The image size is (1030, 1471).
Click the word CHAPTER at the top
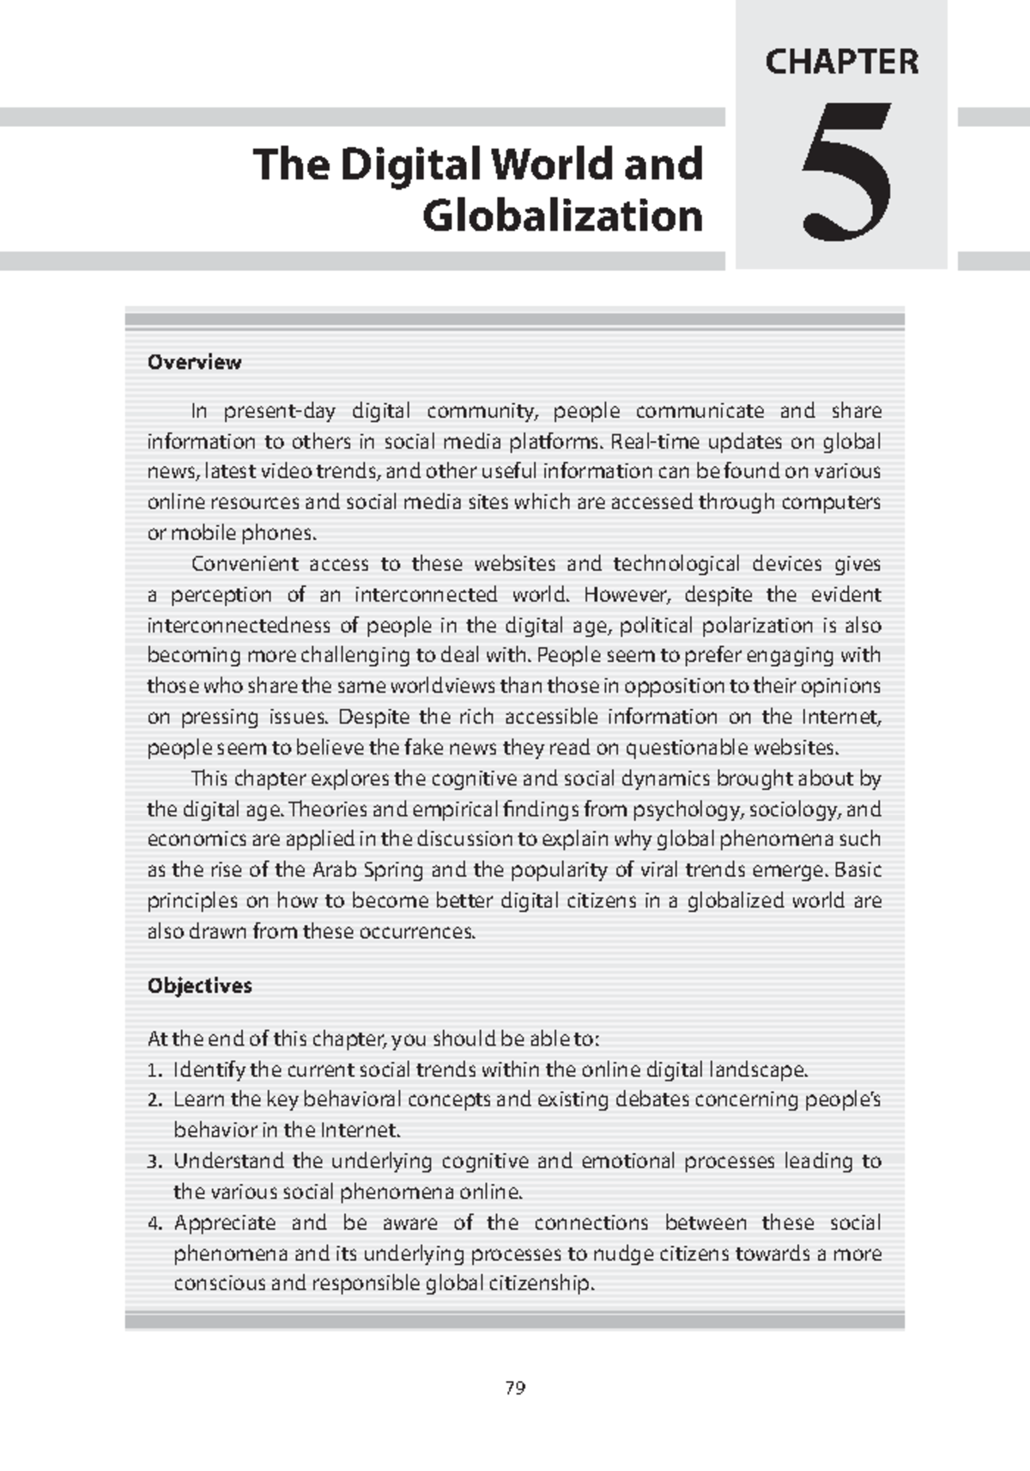[x=841, y=62]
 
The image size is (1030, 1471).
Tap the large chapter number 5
[x=843, y=172]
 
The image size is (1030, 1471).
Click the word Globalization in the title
[x=562, y=215]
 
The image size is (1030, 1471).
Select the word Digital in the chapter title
[x=407, y=164]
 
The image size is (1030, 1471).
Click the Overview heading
[x=194, y=362]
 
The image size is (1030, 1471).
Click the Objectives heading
[x=199, y=985]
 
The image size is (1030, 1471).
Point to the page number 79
[x=515, y=1388]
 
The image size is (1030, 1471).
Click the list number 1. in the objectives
[x=154, y=1070]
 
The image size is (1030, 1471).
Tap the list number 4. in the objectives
[x=154, y=1224]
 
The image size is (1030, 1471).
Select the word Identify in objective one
[x=209, y=1070]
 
